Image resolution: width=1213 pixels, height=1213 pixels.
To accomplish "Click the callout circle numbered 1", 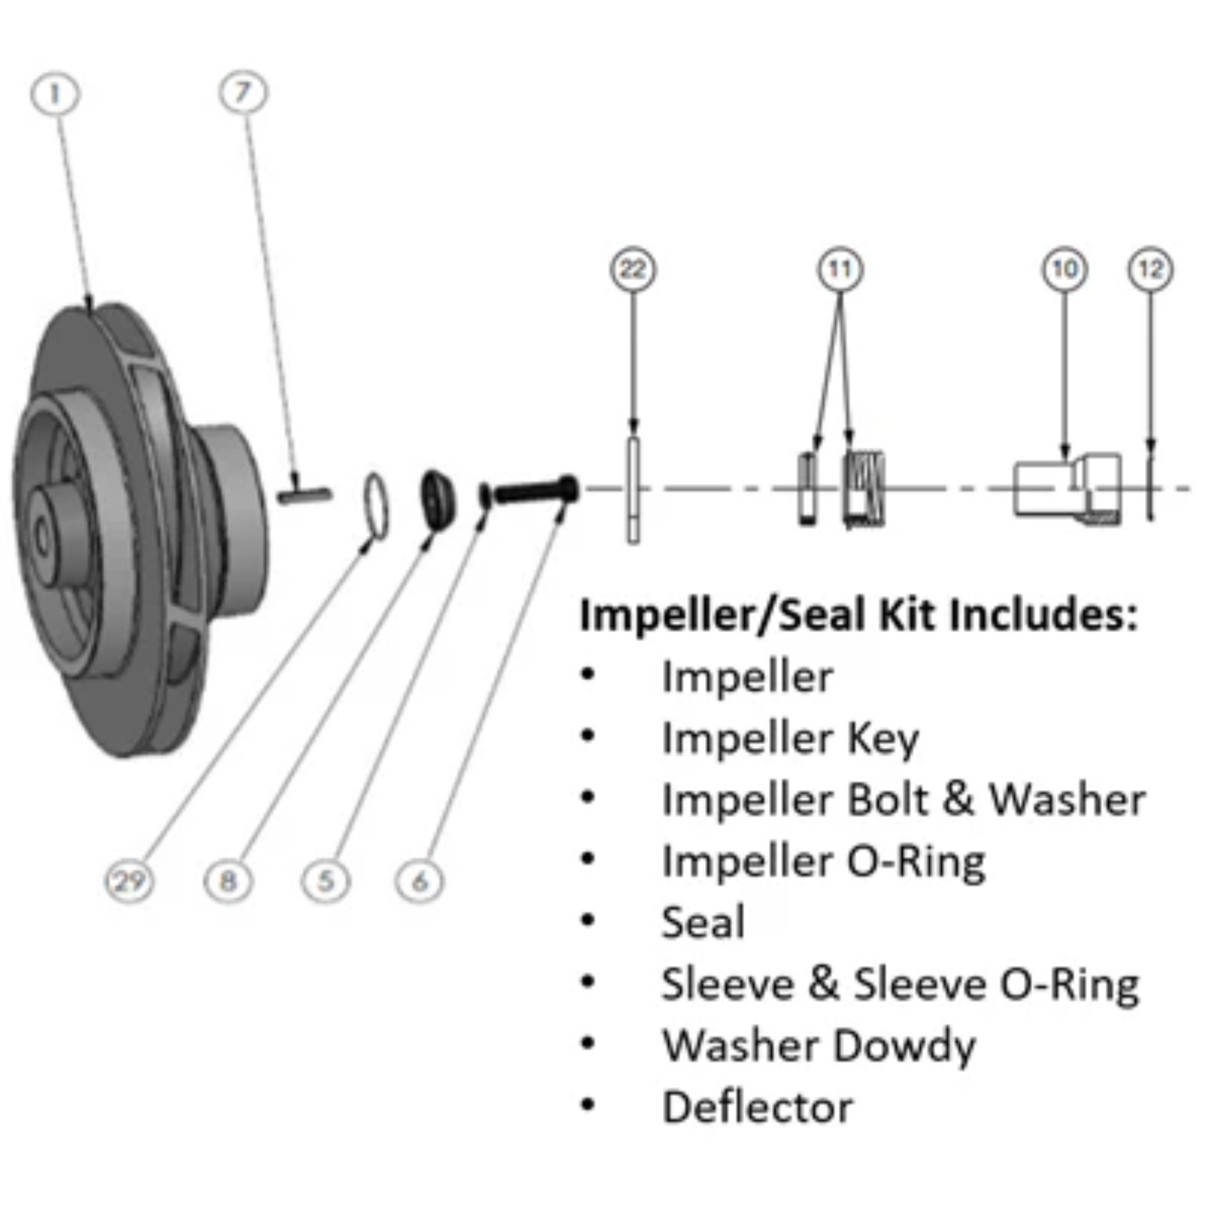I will (x=55, y=94).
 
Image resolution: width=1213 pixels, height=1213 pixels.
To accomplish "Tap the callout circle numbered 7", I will (x=243, y=93).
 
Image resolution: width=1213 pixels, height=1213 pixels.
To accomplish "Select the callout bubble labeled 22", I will (x=633, y=269).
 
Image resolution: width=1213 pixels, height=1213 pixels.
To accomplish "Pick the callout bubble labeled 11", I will (x=840, y=269).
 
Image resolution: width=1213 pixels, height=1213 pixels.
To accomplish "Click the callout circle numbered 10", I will (x=1065, y=269).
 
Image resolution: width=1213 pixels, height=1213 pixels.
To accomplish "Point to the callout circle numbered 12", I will (x=1151, y=269).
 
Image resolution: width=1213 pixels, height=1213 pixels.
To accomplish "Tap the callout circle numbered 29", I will (x=129, y=881).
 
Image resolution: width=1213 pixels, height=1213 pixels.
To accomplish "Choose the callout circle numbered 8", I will (x=228, y=881).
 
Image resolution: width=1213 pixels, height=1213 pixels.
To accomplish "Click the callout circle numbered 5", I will (x=326, y=881).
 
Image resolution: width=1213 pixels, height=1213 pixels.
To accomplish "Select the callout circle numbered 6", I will (x=420, y=881).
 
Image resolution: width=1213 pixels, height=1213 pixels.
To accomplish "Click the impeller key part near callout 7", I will (x=306, y=495).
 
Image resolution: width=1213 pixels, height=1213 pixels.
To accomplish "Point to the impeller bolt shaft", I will (x=529, y=490).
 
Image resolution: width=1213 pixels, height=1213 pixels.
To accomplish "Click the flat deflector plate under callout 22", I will (x=633, y=490).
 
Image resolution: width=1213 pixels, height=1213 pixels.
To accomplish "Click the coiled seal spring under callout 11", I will (x=865, y=490).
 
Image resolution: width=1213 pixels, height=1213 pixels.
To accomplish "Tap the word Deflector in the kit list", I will (x=757, y=1107).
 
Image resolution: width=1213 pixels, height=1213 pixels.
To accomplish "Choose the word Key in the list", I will (x=882, y=739).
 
